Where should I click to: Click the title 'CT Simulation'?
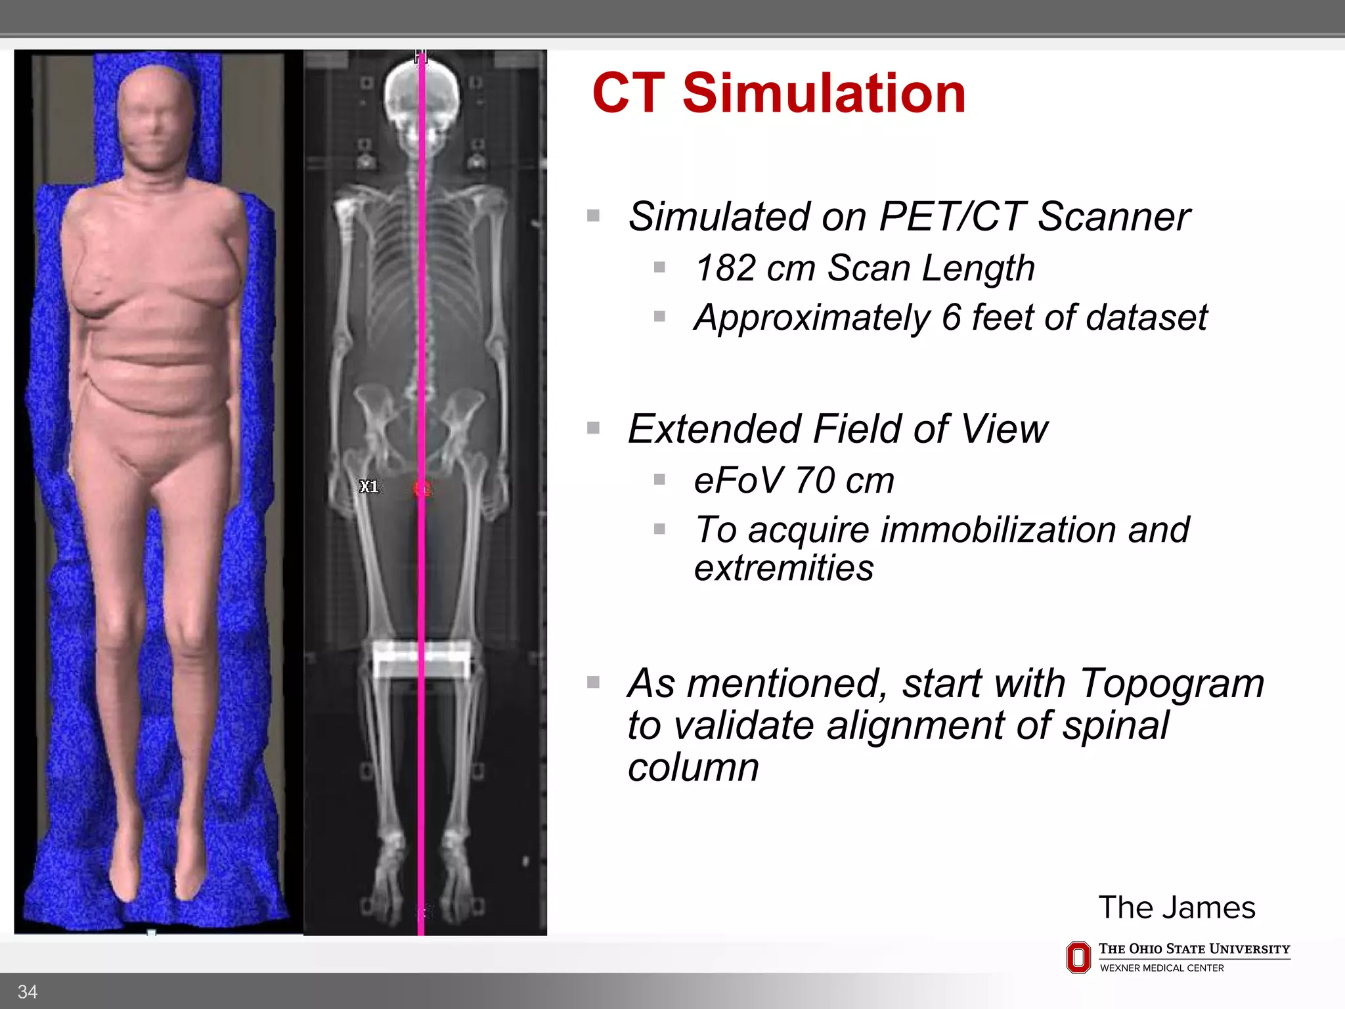(x=778, y=93)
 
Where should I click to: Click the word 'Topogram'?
(x=1172, y=683)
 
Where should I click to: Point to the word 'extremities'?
(x=783, y=568)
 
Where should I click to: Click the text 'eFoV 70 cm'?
(x=794, y=480)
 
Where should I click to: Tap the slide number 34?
(x=28, y=991)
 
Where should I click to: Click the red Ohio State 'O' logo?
(x=1078, y=957)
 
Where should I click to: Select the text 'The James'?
(x=1176, y=907)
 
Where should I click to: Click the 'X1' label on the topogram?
(x=369, y=487)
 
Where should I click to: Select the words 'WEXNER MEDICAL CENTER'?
(x=1161, y=968)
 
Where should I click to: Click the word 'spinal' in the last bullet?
(x=1116, y=726)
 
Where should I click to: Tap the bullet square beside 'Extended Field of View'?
(x=594, y=428)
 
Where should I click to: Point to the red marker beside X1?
(x=422, y=489)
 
